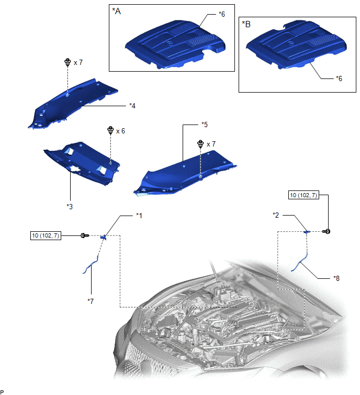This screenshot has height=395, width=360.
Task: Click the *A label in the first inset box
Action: click(x=116, y=11)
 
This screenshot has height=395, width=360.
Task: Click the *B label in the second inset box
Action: click(x=246, y=24)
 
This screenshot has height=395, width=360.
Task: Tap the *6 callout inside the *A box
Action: click(x=222, y=14)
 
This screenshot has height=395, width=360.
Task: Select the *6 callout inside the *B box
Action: click(x=339, y=78)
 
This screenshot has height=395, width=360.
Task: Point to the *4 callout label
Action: click(x=132, y=106)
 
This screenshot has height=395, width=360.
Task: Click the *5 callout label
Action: click(x=205, y=125)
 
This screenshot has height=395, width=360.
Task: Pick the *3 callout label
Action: click(x=70, y=207)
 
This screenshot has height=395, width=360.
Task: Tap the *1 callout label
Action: click(x=139, y=216)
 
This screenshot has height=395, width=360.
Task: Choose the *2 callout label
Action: click(x=276, y=215)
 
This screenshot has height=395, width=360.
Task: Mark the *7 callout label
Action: click(x=91, y=301)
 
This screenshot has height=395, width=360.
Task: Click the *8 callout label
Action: click(x=336, y=278)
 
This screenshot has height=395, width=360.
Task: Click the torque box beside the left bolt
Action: click(x=46, y=235)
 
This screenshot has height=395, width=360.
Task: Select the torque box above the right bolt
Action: click(x=303, y=195)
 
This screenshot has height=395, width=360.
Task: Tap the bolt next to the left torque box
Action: click(x=85, y=235)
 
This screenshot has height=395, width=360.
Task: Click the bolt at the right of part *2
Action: click(x=327, y=231)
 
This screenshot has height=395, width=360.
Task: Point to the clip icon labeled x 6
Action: click(x=110, y=130)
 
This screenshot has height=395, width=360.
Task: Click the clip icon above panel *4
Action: click(x=67, y=62)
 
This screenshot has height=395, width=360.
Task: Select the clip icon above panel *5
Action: click(x=200, y=144)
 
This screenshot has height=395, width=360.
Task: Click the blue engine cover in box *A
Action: click(x=175, y=44)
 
